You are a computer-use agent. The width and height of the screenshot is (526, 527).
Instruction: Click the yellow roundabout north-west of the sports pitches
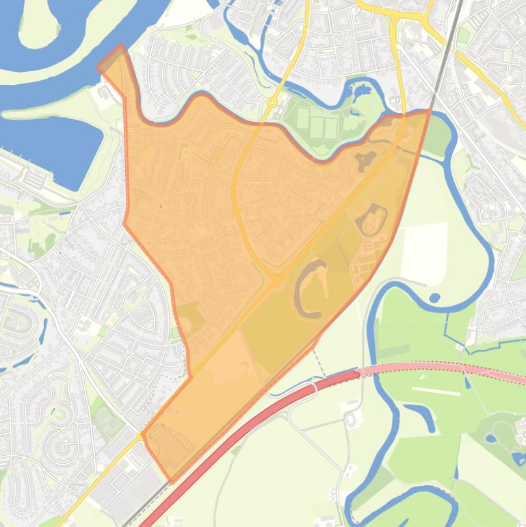point(272,103)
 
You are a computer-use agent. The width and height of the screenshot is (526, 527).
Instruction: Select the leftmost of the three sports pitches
point(303,118)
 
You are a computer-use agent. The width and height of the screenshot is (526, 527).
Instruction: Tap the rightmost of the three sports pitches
point(331,127)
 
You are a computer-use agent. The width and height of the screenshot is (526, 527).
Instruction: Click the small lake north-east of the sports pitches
point(360,91)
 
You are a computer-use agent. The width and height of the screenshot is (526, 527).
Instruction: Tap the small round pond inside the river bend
point(434,298)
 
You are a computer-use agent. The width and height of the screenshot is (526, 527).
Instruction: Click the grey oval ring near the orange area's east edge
point(371,219)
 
